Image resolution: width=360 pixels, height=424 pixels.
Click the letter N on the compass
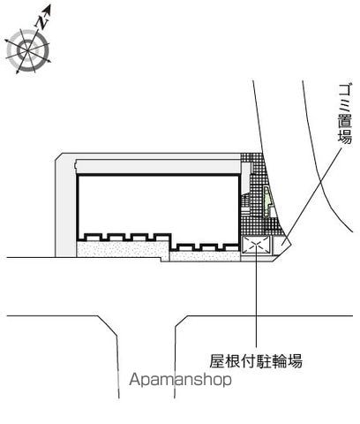41,23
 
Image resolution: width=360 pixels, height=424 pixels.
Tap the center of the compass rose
28,50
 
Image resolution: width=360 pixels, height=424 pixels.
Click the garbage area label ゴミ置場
344,114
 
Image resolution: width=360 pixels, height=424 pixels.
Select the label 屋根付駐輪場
256,361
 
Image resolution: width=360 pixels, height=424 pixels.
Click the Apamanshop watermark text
180,380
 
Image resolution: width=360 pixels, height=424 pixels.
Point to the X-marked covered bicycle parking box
256,245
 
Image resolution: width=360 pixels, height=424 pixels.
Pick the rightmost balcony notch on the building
231,247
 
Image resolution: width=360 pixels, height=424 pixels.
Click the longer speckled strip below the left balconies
123,249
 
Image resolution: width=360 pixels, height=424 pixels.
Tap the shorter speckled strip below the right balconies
205,256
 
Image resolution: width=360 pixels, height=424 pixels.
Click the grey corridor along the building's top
158,167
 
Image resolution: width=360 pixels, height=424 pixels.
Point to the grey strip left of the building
66,205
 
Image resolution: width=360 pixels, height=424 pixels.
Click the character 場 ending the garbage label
344,137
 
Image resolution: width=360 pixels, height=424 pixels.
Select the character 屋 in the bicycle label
217,361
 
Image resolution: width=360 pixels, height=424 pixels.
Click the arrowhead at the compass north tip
48,9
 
